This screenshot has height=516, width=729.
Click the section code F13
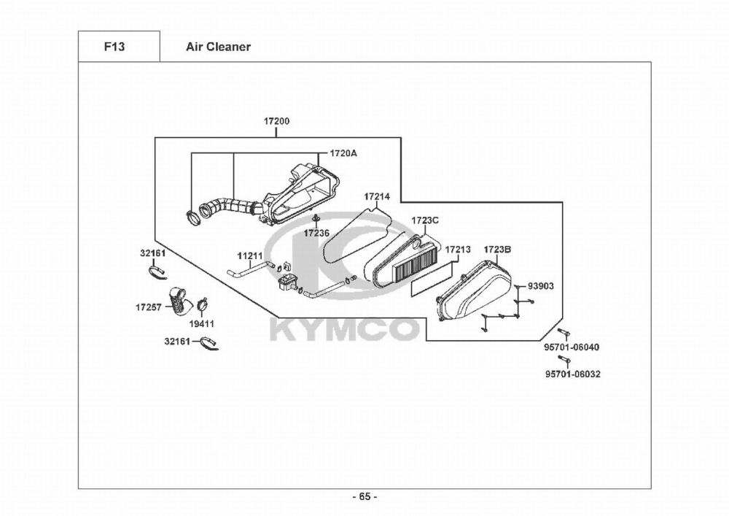coord(114,47)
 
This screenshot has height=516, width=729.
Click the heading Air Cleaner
coord(218,47)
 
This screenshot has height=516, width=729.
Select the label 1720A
coord(343,153)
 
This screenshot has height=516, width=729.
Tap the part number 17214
coord(377,197)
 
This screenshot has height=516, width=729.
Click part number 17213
coord(457,249)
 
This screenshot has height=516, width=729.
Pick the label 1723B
coord(497,250)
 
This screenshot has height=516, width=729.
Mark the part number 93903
coord(540,286)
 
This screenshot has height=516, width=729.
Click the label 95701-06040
coord(572,347)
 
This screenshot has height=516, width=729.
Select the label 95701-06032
coord(573,374)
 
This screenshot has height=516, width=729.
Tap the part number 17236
coord(317,233)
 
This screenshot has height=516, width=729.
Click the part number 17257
coord(147,307)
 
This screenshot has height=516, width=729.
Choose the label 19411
coord(202,323)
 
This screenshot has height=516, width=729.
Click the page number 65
coord(364,497)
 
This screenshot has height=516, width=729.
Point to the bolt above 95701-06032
coord(562,360)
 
